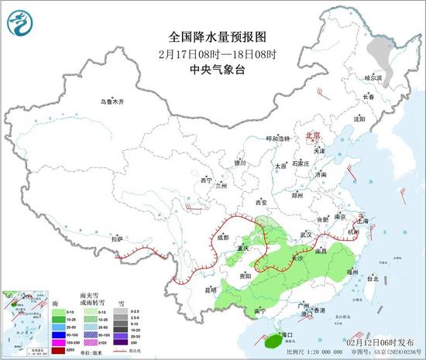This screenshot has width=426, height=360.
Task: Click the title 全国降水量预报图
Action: tap(213, 36)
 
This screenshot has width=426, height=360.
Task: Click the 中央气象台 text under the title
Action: tap(213, 67)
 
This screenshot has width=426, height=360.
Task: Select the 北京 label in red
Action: tap(313, 134)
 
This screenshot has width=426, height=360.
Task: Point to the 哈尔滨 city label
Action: tap(374, 77)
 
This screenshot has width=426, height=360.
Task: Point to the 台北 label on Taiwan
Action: tap(373, 278)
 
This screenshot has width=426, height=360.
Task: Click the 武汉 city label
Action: tap(305, 234)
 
